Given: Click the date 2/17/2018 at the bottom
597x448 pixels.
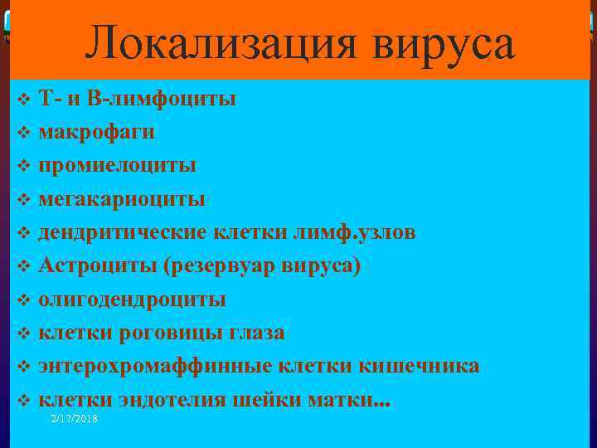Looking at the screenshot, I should click(74, 420).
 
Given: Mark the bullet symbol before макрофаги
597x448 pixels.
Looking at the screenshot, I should click(23, 132).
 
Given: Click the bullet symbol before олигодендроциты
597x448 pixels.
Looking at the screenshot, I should click(23, 299).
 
